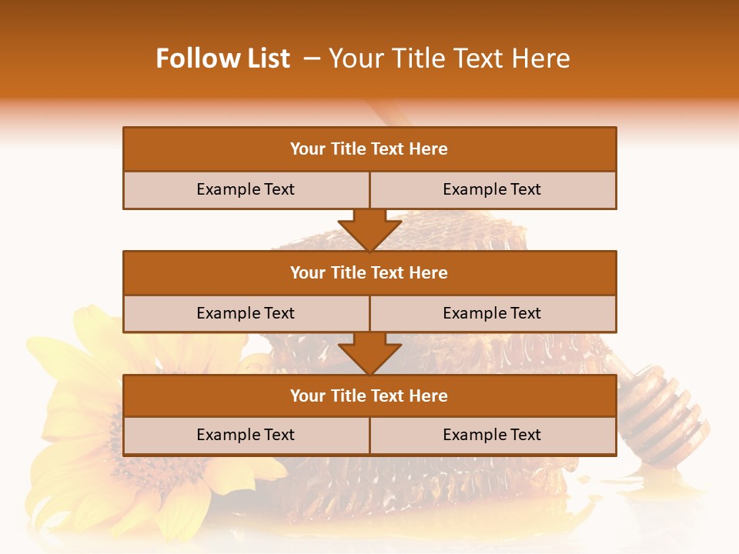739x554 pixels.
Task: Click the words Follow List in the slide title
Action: tap(222, 58)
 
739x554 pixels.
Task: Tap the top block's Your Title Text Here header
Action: tap(369, 149)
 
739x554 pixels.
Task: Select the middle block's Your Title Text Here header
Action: tap(369, 272)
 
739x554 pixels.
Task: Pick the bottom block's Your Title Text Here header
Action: tap(369, 395)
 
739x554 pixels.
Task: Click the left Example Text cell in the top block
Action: tap(246, 189)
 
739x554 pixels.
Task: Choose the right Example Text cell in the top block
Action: tap(492, 189)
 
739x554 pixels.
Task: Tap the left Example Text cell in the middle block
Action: tap(246, 313)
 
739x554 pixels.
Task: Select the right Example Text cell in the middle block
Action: tap(492, 313)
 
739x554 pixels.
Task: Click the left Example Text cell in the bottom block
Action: tap(246, 435)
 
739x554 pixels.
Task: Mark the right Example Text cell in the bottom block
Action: tap(492, 435)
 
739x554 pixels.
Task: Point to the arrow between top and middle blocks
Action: tap(369, 229)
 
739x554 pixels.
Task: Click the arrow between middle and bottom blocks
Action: tap(369, 353)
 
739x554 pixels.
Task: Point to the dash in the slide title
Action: tap(312, 58)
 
